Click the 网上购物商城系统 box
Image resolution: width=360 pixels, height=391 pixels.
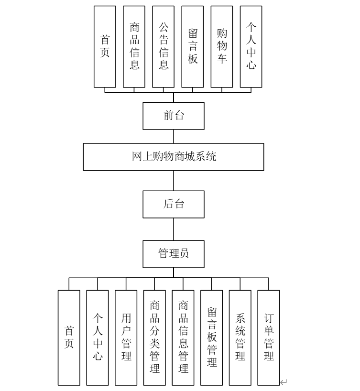(173, 157)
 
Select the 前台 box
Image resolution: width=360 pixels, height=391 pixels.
(173, 116)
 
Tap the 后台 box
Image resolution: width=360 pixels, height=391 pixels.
(173, 204)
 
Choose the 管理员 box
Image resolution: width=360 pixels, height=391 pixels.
(173, 254)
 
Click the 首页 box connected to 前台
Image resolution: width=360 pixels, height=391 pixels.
(105, 46)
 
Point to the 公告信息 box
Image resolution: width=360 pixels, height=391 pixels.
(163, 46)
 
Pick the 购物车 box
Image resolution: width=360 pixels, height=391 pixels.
(222, 46)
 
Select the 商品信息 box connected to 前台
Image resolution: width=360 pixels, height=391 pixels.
(134, 46)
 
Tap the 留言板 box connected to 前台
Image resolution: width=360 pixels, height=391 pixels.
(193, 46)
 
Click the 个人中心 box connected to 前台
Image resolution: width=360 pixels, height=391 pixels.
(251, 46)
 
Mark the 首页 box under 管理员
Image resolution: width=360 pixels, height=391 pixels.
(69, 337)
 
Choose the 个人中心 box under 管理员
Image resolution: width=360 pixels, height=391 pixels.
(98, 337)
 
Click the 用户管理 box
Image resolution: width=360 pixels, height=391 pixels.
(126, 337)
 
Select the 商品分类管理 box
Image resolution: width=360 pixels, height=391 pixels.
(154, 337)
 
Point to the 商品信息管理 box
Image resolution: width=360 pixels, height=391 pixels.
(183, 337)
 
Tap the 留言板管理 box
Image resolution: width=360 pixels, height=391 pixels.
(211, 337)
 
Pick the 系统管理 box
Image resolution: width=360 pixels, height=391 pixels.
(240, 337)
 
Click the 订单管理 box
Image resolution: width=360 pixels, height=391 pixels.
(269, 337)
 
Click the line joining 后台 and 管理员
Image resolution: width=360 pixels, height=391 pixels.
(174, 229)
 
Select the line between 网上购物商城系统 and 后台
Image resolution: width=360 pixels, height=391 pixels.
(174, 181)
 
